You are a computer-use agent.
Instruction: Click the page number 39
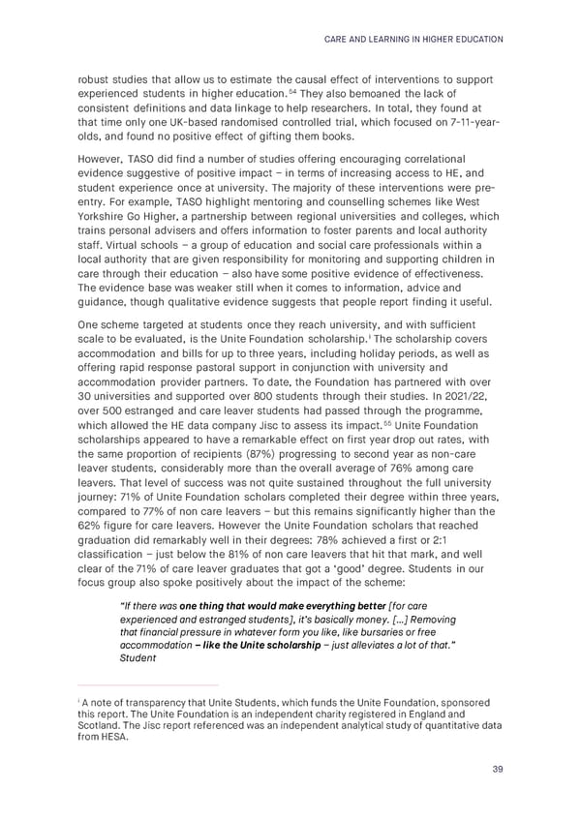click(497, 770)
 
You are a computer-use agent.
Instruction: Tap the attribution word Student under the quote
click(135, 658)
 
